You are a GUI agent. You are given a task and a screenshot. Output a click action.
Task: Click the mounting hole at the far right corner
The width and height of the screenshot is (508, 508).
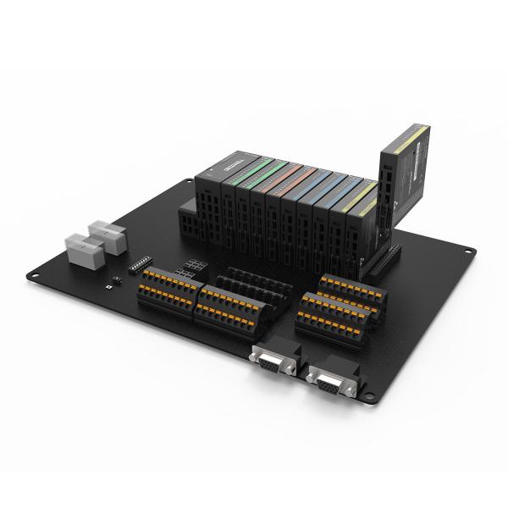pos(468,250)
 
